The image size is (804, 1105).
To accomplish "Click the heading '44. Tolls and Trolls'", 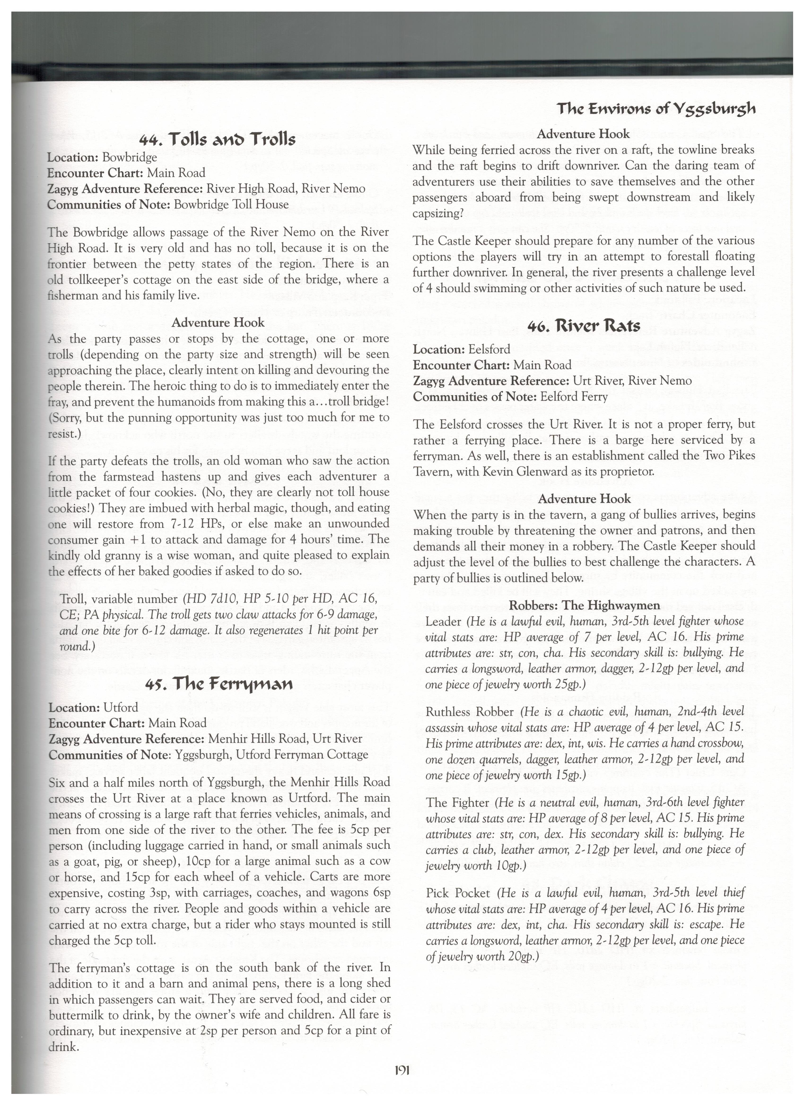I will coord(218,140).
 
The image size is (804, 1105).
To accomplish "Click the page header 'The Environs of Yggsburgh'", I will coord(656,108).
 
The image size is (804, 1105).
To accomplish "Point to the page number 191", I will coord(402,1071).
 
